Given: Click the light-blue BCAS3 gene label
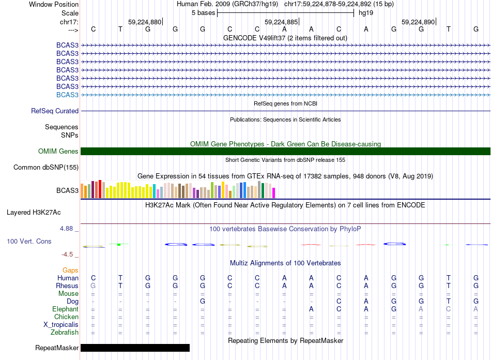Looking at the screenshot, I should (x=67, y=95).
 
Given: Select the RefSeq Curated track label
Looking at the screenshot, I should (x=55, y=111).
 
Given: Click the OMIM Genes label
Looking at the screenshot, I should (x=58, y=151).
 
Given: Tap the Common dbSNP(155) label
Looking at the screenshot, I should (x=46, y=167).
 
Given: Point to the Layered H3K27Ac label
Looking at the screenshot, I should (x=34, y=212).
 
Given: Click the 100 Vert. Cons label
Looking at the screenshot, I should (x=29, y=241).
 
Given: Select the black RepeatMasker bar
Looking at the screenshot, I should (x=135, y=348).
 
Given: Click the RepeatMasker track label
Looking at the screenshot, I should (x=57, y=348).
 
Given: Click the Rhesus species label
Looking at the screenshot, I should (x=67, y=286).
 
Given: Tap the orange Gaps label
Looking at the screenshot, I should (x=70, y=270).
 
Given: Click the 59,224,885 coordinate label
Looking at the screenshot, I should (x=281, y=22).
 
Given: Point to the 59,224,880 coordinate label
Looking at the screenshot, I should (x=145, y=22).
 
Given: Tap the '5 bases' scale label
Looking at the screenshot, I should (x=203, y=12).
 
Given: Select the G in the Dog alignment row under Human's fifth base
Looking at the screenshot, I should (x=203, y=301).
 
